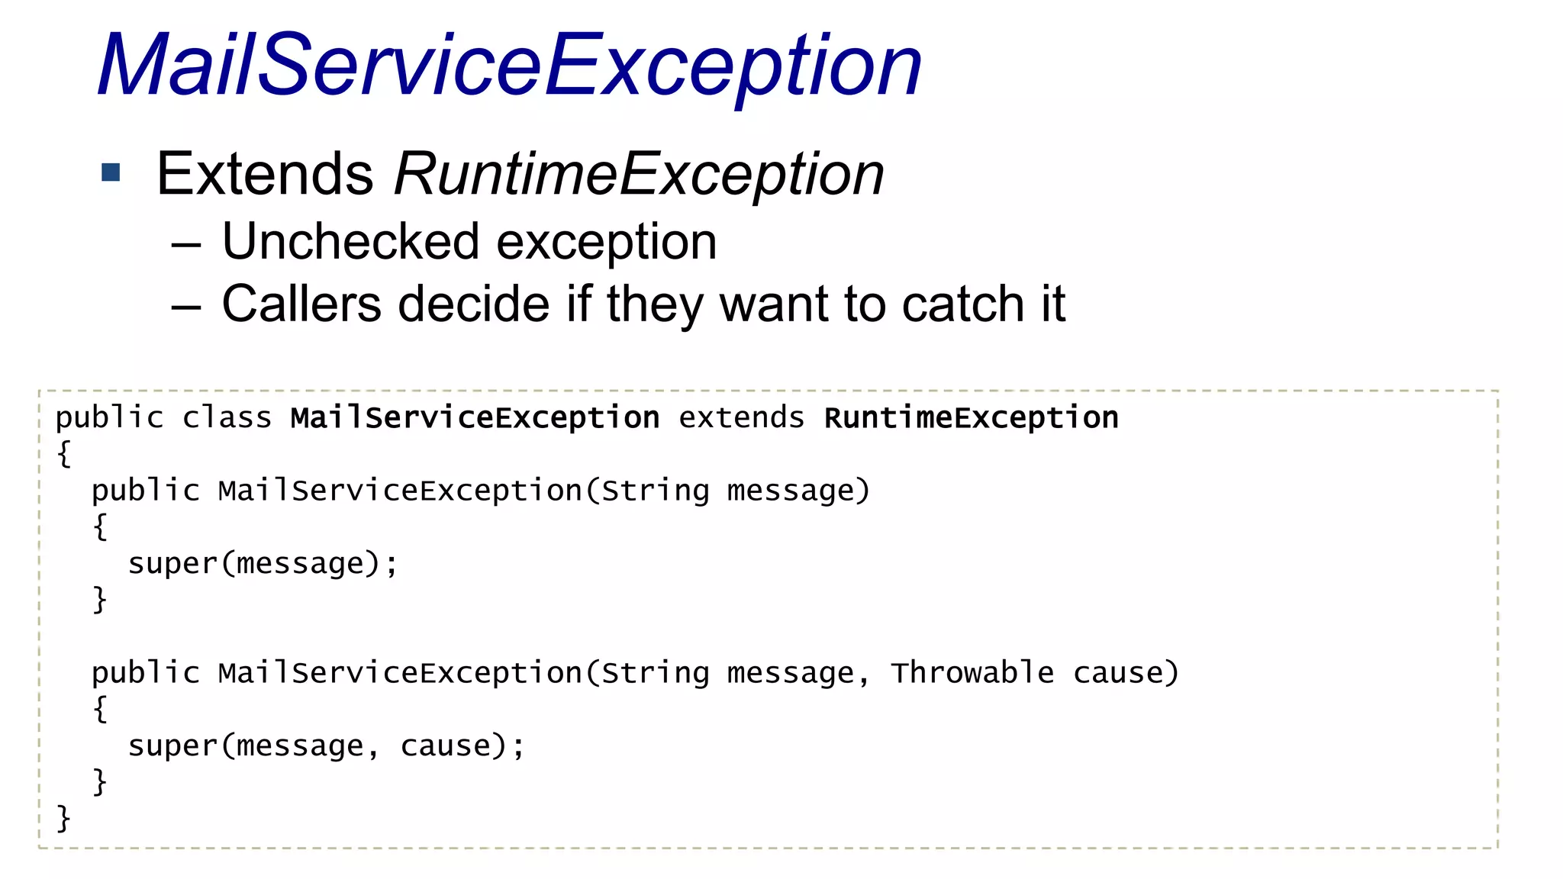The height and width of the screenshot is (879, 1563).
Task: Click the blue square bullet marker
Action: tap(111, 172)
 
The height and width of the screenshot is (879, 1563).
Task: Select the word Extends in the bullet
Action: tap(265, 174)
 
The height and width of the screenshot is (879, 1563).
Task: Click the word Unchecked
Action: tap(350, 242)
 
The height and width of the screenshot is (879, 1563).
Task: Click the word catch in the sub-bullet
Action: tap(964, 304)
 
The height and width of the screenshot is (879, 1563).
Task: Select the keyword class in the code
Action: tap(227, 418)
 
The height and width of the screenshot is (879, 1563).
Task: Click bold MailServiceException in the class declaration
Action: tap(475, 418)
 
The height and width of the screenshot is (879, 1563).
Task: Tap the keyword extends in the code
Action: tap(741, 418)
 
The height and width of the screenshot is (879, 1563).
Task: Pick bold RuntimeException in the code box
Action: tap(971, 418)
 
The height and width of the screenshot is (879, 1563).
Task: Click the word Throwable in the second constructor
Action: tap(972, 673)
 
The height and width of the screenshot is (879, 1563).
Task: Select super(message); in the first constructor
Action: tap(263, 564)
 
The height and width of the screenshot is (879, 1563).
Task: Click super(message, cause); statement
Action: tap(326, 746)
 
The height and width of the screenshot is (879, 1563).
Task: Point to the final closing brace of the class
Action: tap(63, 818)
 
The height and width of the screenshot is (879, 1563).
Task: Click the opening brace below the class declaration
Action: tap(64, 454)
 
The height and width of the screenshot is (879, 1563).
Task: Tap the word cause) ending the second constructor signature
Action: tap(1126, 673)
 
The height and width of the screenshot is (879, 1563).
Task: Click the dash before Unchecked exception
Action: tap(185, 245)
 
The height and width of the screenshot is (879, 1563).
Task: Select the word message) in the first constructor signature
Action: tap(798, 491)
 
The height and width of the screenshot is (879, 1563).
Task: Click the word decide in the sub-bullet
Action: tap(473, 304)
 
